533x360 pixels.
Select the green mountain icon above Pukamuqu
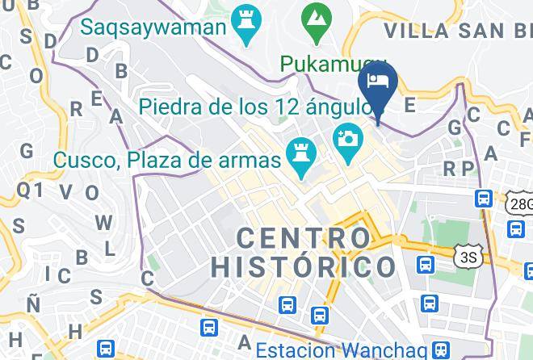tap(313, 17)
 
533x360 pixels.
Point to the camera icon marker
tap(349, 139)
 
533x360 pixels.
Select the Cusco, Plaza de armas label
tap(167, 159)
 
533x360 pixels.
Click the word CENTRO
tap(304, 238)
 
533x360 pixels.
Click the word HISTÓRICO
tap(303, 266)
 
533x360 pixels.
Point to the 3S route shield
tap(467, 257)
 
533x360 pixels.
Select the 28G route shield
tap(521, 203)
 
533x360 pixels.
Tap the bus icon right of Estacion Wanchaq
tap(441, 350)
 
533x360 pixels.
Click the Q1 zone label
tap(30, 190)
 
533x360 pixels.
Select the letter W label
tap(103, 222)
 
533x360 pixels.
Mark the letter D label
tap(92, 54)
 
